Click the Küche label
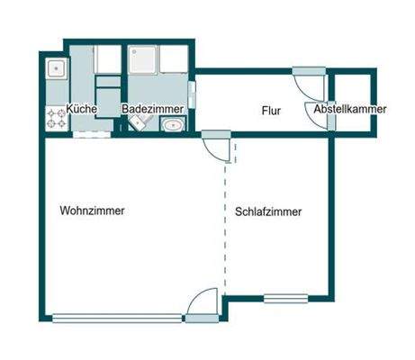[81, 109]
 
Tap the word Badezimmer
[153, 109]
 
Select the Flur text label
[271, 112]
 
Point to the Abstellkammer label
[350, 110]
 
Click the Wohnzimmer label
[92, 211]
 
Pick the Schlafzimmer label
[267, 212]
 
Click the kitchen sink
[56, 67]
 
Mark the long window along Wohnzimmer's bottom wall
[117, 317]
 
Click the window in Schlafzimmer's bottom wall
[285, 298]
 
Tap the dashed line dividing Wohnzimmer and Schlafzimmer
[223, 225]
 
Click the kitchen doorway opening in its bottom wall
[92, 133]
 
